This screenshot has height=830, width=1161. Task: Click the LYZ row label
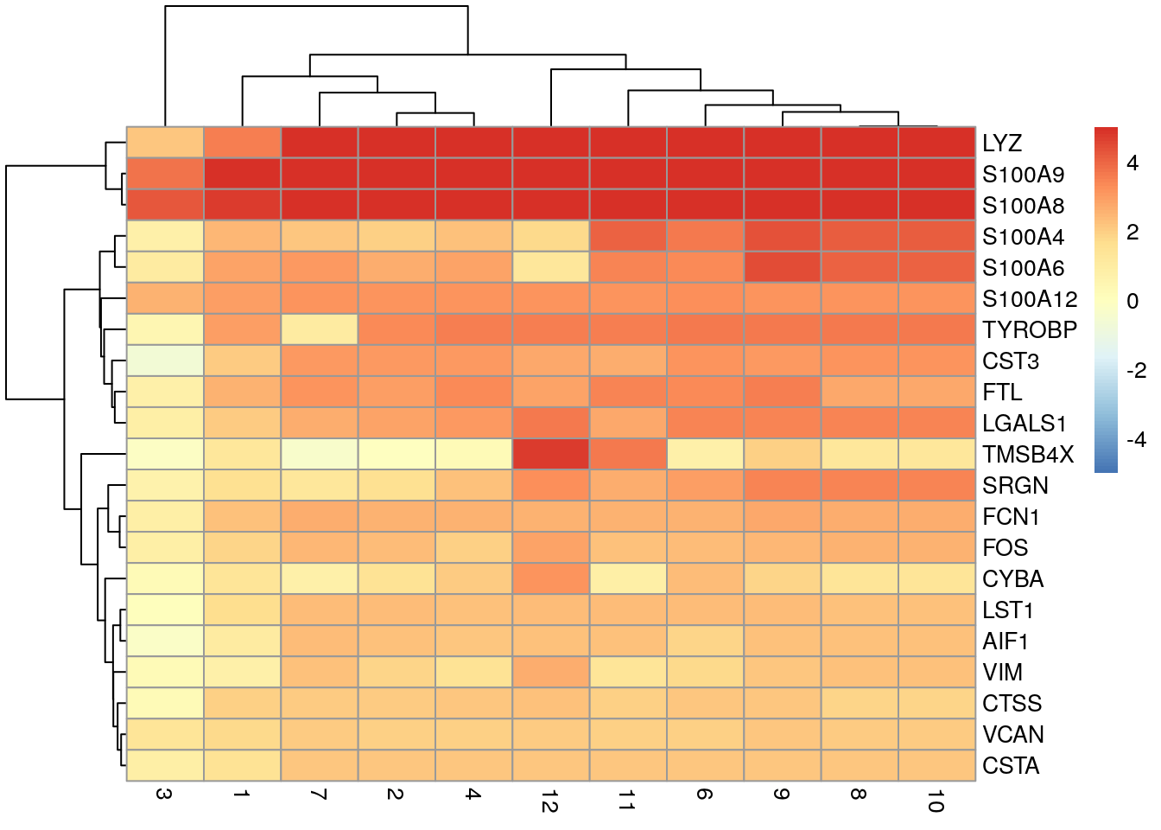tap(1002, 144)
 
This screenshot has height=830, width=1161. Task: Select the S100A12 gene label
tap(1030, 299)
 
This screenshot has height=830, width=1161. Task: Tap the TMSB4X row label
tap(1028, 455)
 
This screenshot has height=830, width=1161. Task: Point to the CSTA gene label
tap(1011, 766)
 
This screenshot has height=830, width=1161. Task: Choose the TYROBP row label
tap(1030, 330)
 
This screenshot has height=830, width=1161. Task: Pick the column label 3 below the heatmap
tap(164, 794)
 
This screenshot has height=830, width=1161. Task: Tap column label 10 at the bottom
tap(936, 801)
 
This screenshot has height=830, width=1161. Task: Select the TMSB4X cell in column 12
tap(550, 454)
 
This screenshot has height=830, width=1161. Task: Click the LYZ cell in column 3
tap(165, 143)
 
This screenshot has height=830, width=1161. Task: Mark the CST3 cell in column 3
tap(165, 361)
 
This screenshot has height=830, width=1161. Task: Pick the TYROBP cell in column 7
tap(319, 329)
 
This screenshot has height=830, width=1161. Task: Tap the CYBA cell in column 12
tap(550, 578)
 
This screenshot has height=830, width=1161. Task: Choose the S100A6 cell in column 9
tap(782, 267)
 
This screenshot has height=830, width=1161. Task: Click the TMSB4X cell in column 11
tap(628, 454)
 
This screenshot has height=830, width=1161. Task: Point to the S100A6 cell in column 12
tap(550, 267)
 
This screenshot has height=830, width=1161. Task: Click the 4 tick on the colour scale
tap(1132, 163)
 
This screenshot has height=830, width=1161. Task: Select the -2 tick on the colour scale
tap(1136, 371)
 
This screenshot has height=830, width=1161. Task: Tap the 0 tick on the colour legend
tap(1132, 302)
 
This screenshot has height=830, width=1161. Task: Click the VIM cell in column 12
tap(550, 672)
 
